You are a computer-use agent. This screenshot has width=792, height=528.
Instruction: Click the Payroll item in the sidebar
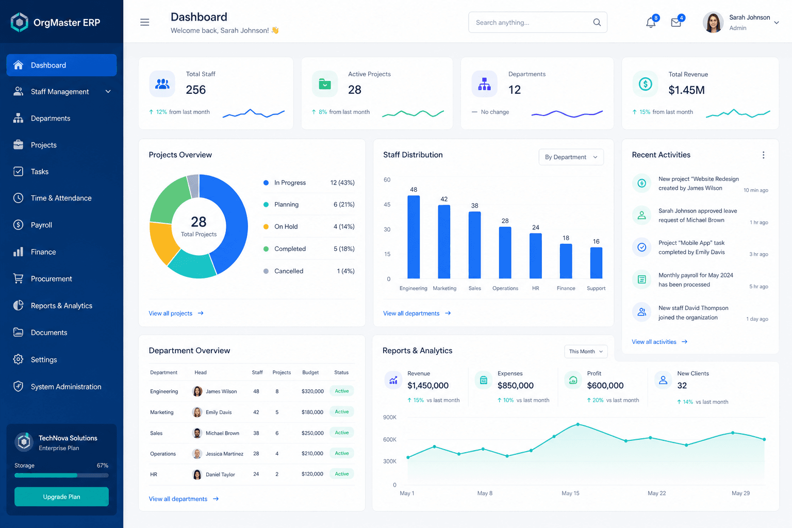pyautogui.click(x=41, y=225)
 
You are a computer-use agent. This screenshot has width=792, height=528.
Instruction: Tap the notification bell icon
pyautogui.click(x=650, y=23)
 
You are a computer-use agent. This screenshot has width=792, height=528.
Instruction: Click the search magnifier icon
pyautogui.click(x=597, y=22)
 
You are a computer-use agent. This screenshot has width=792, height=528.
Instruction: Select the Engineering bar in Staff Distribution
pyautogui.click(x=414, y=237)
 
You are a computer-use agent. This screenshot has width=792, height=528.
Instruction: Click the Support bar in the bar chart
pyautogui.click(x=596, y=263)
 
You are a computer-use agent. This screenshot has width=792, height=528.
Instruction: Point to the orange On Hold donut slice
pyautogui.click(x=162, y=241)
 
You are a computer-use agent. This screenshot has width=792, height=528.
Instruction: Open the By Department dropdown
pyautogui.click(x=571, y=157)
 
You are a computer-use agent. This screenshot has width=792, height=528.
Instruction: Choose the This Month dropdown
pyautogui.click(x=586, y=352)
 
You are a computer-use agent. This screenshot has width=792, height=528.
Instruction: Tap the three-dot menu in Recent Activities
pyautogui.click(x=763, y=155)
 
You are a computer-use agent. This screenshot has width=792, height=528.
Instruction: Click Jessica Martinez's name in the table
pyautogui.click(x=224, y=454)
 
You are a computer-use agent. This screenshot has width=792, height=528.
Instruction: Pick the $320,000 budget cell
pyautogui.click(x=312, y=391)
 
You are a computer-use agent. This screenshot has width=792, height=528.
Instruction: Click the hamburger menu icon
pyautogui.click(x=144, y=22)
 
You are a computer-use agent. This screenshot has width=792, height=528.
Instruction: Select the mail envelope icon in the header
pyautogui.click(x=676, y=23)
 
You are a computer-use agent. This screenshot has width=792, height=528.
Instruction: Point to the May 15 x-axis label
pyautogui.click(x=570, y=493)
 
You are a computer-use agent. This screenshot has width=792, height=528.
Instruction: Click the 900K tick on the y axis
pyautogui.click(x=390, y=417)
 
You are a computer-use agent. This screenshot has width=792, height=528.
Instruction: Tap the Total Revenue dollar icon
pyautogui.click(x=645, y=84)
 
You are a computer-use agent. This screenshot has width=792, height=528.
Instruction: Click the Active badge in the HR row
pyautogui.click(x=341, y=474)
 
